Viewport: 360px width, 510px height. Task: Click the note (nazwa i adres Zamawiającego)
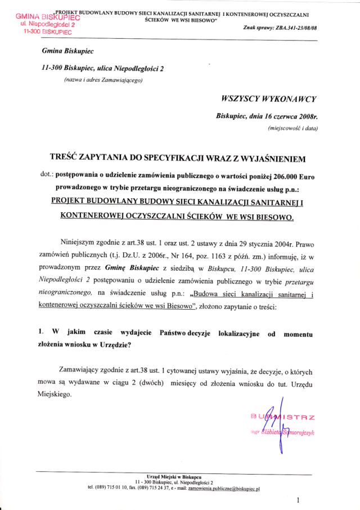click(103, 80)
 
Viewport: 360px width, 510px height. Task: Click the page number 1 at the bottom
click(298, 499)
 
